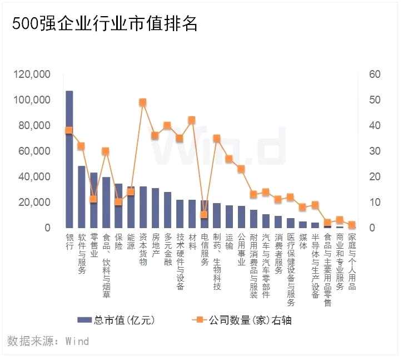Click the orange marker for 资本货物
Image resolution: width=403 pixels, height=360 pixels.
coord(142,102)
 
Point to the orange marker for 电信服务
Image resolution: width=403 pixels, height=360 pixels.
coord(203,214)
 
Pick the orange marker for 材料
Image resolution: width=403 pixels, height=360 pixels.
coord(191,120)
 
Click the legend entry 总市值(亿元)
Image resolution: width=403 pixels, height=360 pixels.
coord(116,320)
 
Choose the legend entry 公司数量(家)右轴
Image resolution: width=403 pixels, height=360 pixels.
coord(242,320)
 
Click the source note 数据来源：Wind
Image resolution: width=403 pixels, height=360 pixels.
coord(48,341)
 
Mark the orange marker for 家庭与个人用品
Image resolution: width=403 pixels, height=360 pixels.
coord(351,225)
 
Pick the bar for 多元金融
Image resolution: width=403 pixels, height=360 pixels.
coord(167,210)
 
